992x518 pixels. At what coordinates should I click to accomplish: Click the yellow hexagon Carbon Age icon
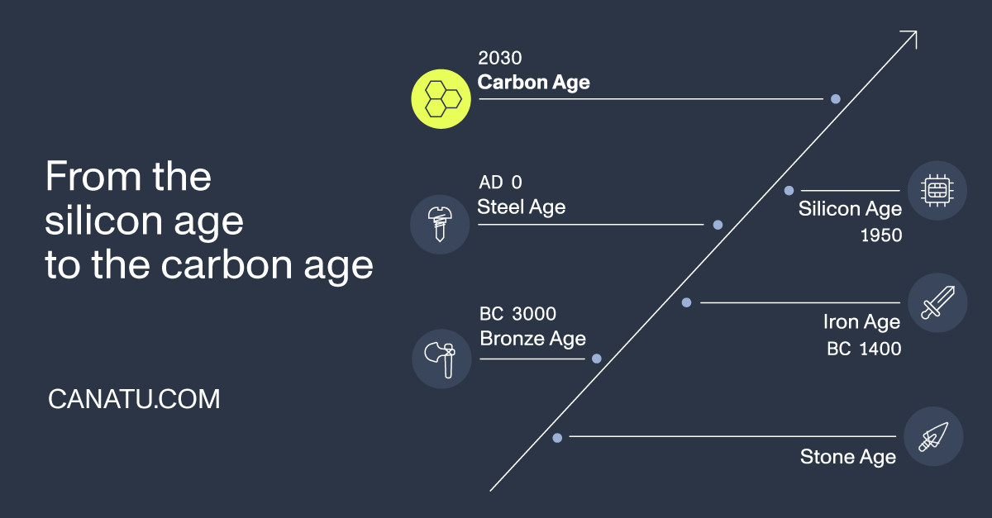(441, 99)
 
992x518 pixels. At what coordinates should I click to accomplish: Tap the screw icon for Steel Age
(440, 225)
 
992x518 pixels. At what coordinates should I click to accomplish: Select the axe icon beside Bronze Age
(441, 359)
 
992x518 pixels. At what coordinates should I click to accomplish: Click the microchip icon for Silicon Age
(937, 190)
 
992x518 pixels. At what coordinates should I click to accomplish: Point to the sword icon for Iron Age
(937, 303)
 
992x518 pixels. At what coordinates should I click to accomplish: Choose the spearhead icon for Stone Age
(933, 436)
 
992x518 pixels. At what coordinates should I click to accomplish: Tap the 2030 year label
(500, 58)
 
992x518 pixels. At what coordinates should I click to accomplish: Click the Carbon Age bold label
(534, 83)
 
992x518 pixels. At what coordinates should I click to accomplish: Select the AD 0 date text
(500, 183)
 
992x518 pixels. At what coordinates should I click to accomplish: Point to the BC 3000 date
(517, 314)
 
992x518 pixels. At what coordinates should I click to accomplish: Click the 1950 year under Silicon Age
(881, 235)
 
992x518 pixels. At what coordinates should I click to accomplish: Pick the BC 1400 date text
(864, 349)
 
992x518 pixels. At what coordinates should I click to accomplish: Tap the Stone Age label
(848, 458)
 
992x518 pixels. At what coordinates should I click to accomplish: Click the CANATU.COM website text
(134, 399)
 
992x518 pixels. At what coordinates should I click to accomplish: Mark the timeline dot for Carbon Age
(835, 99)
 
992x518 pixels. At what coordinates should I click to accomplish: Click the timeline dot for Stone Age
(557, 438)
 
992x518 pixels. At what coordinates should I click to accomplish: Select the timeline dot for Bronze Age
(597, 359)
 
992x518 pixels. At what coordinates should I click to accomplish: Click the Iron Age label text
(861, 322)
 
